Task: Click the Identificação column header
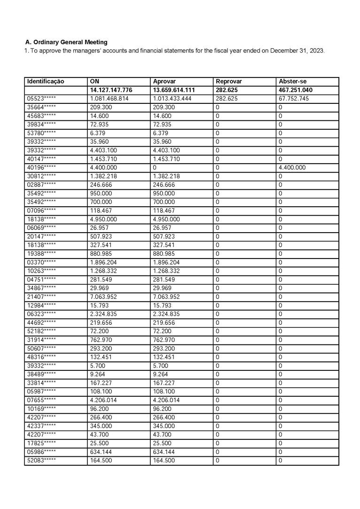(46, 81)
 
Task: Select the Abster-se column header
(292, 81)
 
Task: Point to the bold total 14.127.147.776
(111, 90)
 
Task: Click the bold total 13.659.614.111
(174, 90)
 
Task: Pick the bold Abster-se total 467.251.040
(296, 90)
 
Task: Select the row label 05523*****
(41, 99)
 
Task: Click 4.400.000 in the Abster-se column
(292, 167)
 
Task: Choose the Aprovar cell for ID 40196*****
(155, 167)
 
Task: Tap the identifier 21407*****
(41, 297)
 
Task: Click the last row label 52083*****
(41, 461)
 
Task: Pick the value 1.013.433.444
(174, 99)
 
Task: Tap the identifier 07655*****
(41, 400)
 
